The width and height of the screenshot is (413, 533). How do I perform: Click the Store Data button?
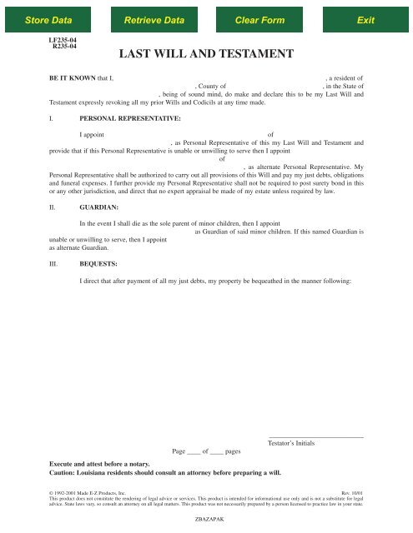coord(48,18)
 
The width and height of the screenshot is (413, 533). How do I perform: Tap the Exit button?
coord(365,18)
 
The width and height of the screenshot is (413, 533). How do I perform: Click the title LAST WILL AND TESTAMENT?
coord(206,55)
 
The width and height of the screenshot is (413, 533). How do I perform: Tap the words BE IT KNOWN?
coord(72,77)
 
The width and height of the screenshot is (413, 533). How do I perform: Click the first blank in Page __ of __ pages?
coord(194,452)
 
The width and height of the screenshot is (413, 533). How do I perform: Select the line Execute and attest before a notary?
coord(112,465)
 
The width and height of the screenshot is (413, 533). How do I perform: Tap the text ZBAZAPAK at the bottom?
coord(206,516)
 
